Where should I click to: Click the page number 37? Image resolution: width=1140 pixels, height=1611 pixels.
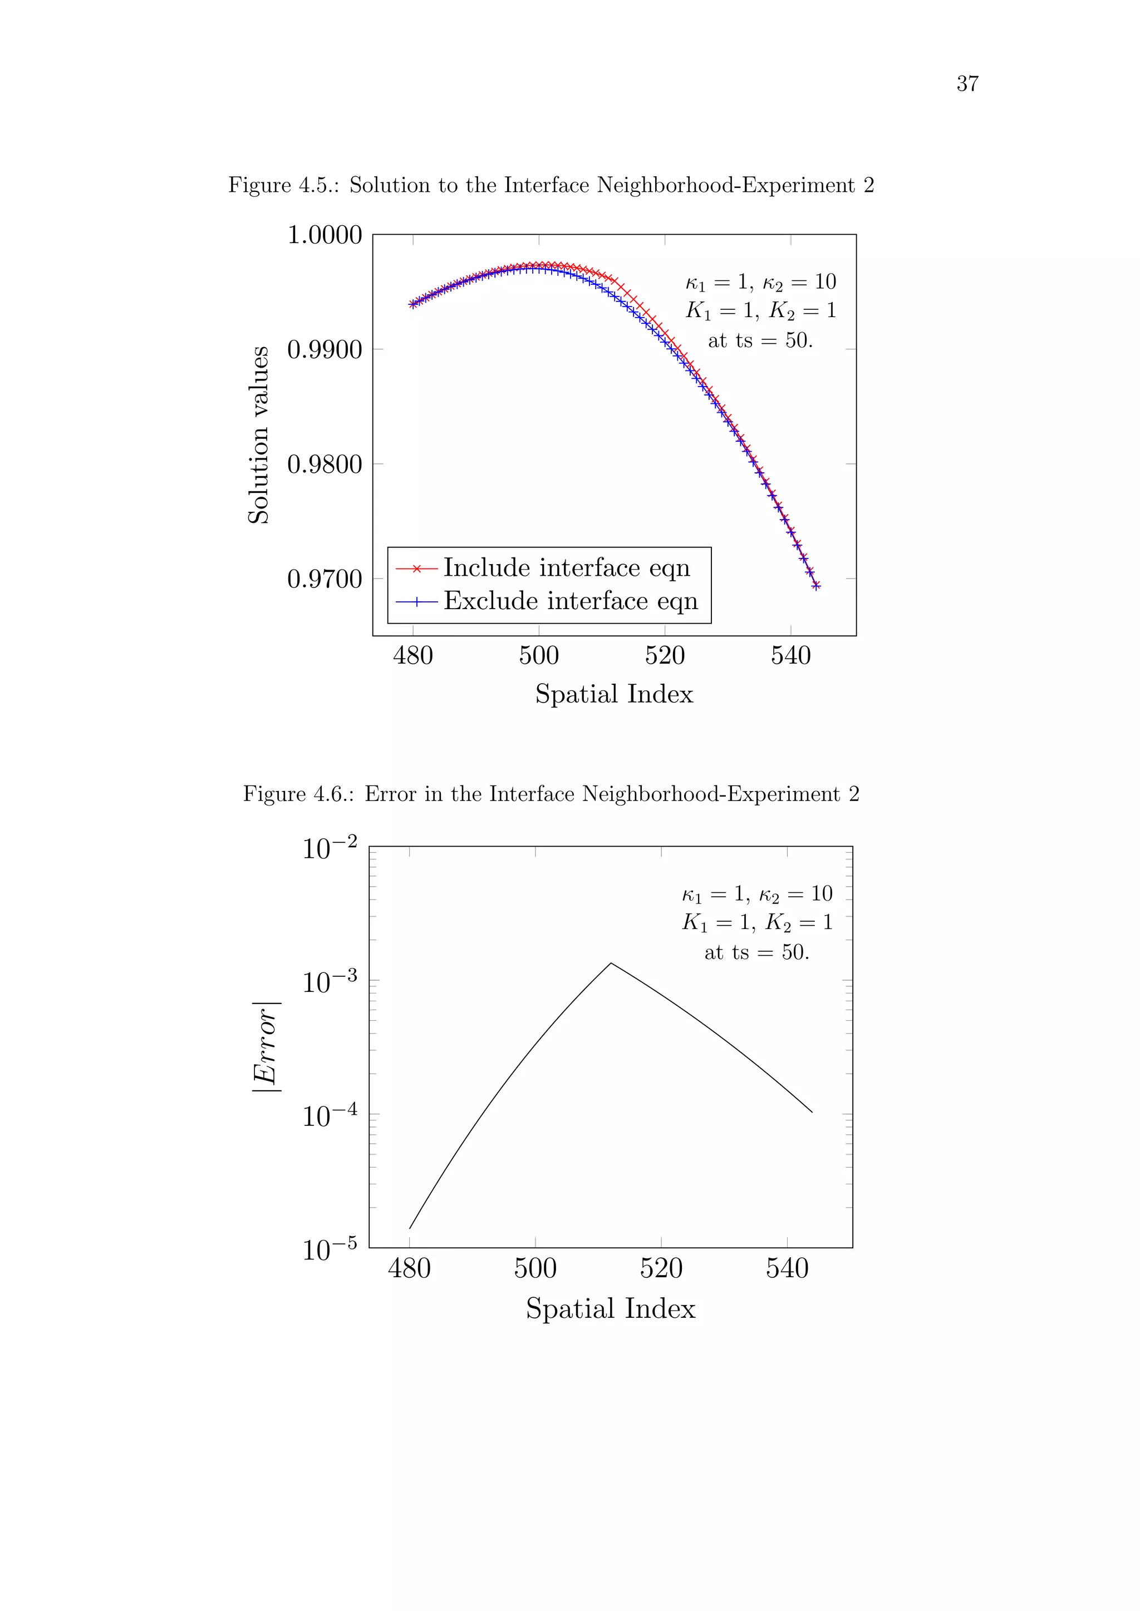pyautogui.click(x=967, y=83)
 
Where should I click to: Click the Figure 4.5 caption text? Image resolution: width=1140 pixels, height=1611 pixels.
pyautogui.click(x=551, y=185)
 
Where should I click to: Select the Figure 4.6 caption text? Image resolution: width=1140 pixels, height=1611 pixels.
pyautogui.click(x=551, y=794)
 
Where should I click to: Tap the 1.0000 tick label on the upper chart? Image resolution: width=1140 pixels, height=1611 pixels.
pyautogui.click(x=325, y=235)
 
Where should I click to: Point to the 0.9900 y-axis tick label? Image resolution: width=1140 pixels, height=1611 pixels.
pyautogui.click(x=325, y=349)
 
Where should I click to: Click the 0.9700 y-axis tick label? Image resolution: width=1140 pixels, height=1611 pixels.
pyautogui.click(x=325, y=579)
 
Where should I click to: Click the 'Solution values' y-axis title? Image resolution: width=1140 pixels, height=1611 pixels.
pyautogui.click(x=258, y=435)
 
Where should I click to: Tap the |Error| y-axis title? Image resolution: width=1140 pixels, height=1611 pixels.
pyautogui.click(x=266, y=1047)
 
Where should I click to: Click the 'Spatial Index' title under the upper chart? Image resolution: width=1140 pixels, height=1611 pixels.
pyautogui.click(x=614, y=694)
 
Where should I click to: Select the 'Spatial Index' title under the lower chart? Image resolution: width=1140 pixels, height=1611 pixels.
pyautogui.click(x=611, y=1308)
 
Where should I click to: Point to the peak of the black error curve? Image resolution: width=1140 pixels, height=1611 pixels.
pyautogui.click(x=611, y=963)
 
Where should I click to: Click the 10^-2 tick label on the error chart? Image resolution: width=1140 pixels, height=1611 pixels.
pyautogui.click(x=329, y=848)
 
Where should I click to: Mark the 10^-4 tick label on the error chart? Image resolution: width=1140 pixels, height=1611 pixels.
pyautogui.click(x=329, y=1115)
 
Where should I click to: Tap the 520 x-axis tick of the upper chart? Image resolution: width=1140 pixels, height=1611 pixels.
pyautogui.click(x=665, y=655)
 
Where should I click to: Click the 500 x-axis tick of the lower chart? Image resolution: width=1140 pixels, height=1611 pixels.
pyautogui.click(x=535, y=1268)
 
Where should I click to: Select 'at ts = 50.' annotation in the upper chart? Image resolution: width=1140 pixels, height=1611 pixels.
pyautogui.click(x=760, y=340)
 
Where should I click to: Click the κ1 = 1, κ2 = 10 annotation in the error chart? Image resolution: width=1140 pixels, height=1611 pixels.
pyautogui.click(x=756, y=893)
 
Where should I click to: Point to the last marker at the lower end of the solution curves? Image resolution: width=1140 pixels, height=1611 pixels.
pyautogui.click(x=815, y=586)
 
